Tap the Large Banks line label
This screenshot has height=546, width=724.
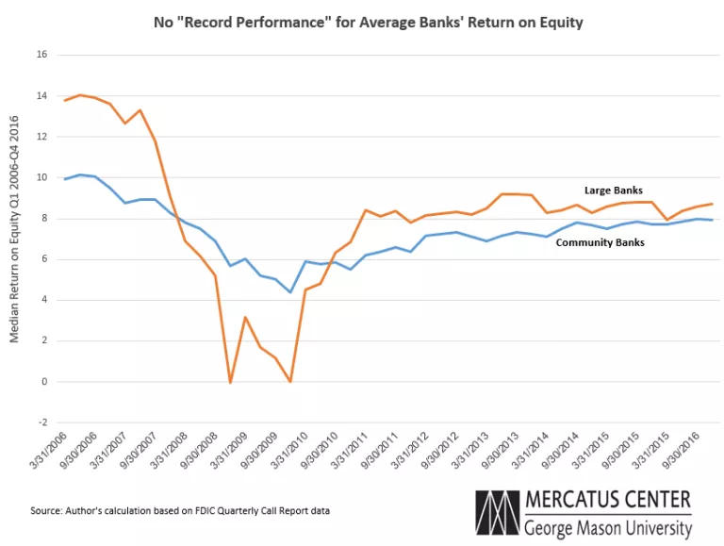point(613,190)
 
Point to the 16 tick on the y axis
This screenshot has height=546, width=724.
point(41,55)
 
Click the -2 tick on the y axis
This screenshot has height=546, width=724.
point(41,422)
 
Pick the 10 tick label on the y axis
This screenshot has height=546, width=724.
point(41,177)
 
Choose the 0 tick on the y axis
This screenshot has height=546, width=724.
point(43,382)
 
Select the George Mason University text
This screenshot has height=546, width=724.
point(608,527)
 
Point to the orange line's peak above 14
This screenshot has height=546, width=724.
point(80,95)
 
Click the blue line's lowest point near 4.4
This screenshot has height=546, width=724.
point(290,292)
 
